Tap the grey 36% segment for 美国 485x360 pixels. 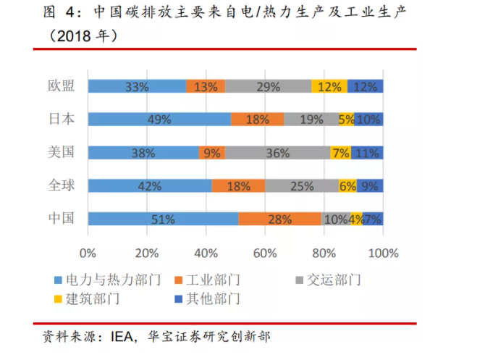(x=277, y=153)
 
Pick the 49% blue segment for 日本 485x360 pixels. (x=159, y=120)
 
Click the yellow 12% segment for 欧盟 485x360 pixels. (x=329, y=86)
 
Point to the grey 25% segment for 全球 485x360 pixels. (x=301, y=186)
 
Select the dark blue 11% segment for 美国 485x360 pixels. (x=368, y=153)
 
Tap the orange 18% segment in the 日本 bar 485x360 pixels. (x=258, y=120)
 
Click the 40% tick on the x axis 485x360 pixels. (x=206, y=254)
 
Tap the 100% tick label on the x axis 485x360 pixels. (x=383, y=254)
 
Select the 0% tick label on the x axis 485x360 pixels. (x=88, y=254)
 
